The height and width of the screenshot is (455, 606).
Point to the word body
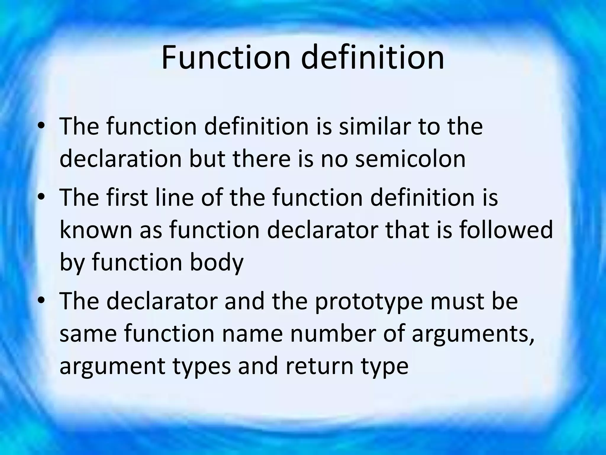(216, 262)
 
